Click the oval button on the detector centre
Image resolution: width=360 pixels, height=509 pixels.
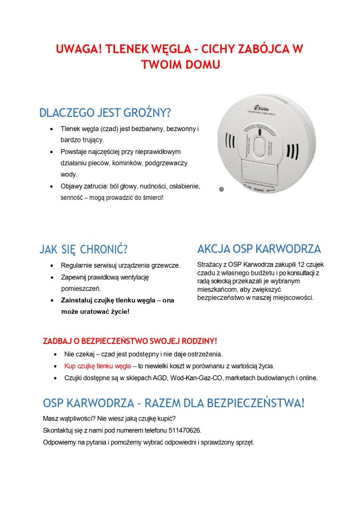click(x=260, y=147)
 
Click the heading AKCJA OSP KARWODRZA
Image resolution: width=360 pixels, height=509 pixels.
click(x=259, y=249)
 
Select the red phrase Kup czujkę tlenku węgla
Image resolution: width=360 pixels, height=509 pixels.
click(x=97, y=366)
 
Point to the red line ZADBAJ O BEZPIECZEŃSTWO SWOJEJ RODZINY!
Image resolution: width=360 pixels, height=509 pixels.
click(x=130, y=341)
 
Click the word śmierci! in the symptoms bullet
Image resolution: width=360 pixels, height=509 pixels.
click(x=150, y=198)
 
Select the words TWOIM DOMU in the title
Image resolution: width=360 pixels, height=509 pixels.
click(x=180, y=65)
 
